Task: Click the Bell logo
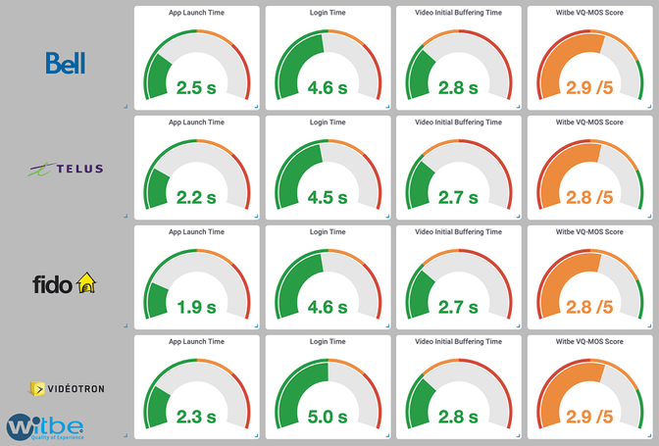click(66, 63)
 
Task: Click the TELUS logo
click(66, 169)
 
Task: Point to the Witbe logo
click(45, 426)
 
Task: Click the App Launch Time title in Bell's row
click(197, 13)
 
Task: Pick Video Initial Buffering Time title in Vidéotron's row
click(460, 342)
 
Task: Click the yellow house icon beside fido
click(87, 284)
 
